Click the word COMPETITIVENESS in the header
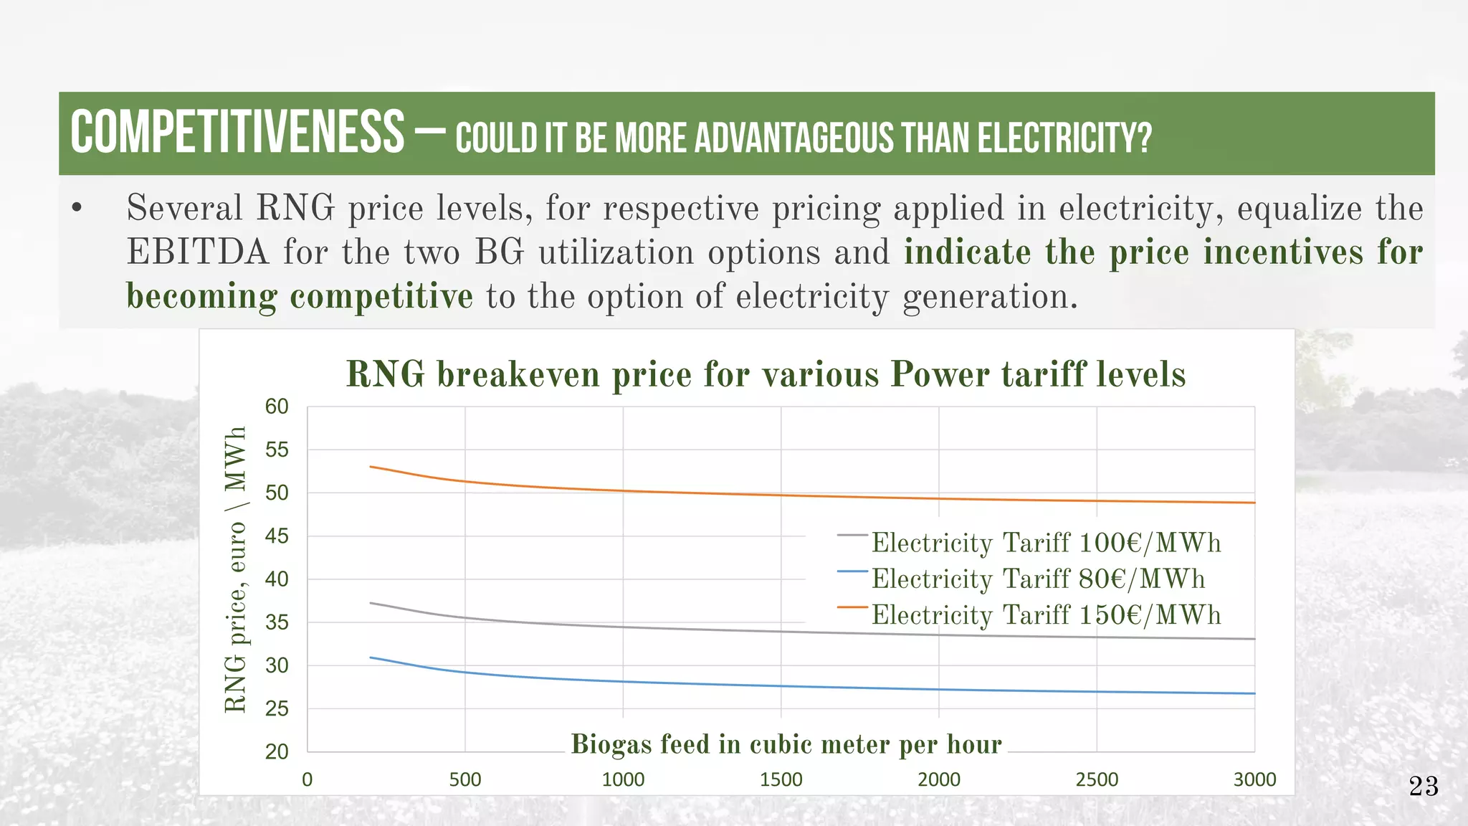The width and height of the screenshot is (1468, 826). [x=237, y=133]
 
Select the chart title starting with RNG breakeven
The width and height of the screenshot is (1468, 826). [x=766, y=374]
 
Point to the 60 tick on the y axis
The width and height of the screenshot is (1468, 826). [x=277, y=407]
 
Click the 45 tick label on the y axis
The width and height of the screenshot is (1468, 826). [x=277, y=536]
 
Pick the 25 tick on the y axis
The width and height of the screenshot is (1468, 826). [x=277, y=708]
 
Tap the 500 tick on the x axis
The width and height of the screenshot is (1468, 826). [x=465, y=779]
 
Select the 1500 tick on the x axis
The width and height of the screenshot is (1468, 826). [x=781, y=779]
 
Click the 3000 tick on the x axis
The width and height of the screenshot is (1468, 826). [x=1254, y=779]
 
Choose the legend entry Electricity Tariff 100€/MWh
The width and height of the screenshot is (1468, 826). [x=1046, y=543]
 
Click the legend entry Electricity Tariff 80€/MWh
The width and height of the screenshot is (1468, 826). [x=1038, y=579]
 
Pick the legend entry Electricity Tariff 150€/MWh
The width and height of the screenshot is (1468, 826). [x=1046, y=615]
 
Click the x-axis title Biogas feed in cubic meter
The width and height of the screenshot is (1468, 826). [x=786, y=744]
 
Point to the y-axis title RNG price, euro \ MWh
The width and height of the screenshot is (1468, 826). [x=236, y=569]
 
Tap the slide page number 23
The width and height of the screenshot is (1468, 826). [x=1424, y=787]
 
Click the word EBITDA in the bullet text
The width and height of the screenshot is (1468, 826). [x=197, y=252]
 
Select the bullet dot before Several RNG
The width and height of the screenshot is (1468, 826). [x=77, y=209]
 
